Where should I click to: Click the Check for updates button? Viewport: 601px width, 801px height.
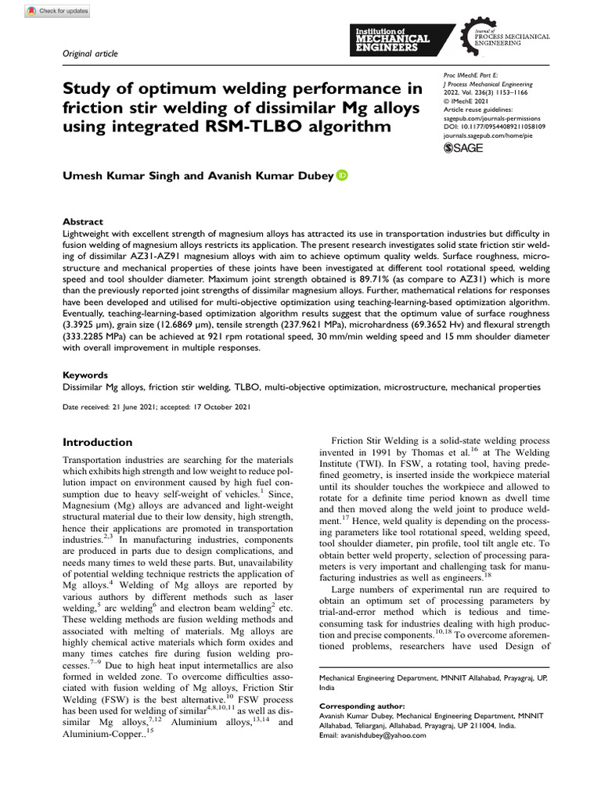click(x=58, y=11)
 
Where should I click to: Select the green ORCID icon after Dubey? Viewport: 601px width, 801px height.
click(x=342, y=176)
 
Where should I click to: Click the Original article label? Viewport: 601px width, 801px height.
click(x=89, y=53)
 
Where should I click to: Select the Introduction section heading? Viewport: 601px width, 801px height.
click(x=97, y=442)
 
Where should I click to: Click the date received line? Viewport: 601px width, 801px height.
click(x=156, y=407)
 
